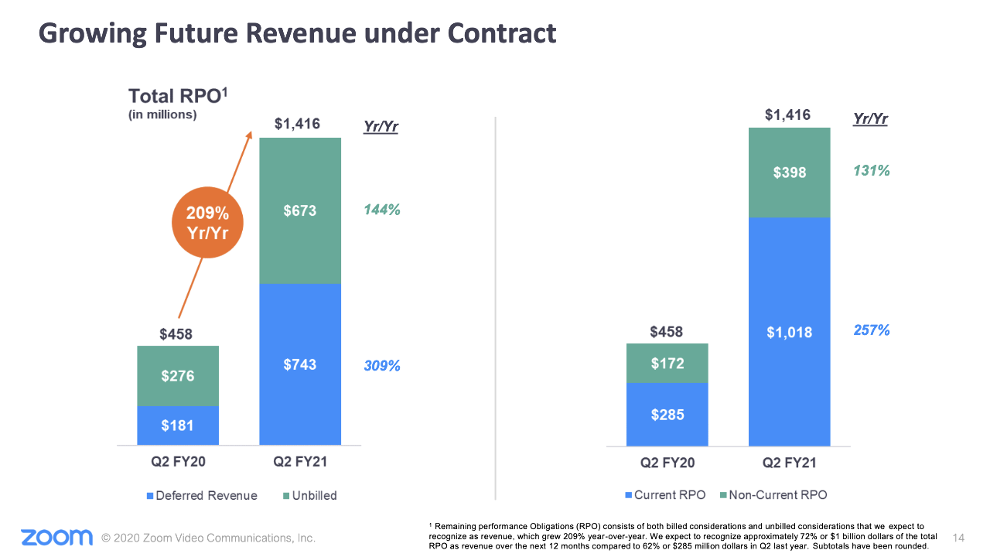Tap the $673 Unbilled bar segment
pos(299,210)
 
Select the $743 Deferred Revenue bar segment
pos(299,364)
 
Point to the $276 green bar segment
pos(178,376)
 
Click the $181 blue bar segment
pos(178,425)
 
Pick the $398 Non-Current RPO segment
pos(789,172)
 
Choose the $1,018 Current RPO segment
pos(789,332)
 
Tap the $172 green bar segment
pos(667,363)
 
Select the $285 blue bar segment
pos(667,415)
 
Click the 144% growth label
pos(382,210)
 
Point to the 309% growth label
pos(382,366)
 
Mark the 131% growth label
pos(872,171)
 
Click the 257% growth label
pos(872,330)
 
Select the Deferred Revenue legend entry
pos(203,495)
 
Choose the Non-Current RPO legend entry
pos(773,495)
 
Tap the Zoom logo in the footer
pos(56,537)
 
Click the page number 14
pos(960,538)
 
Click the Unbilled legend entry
pos(309,495)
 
